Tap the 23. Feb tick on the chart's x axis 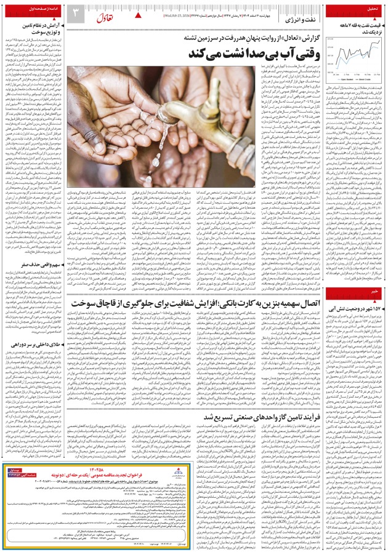(x=378, y=74)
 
